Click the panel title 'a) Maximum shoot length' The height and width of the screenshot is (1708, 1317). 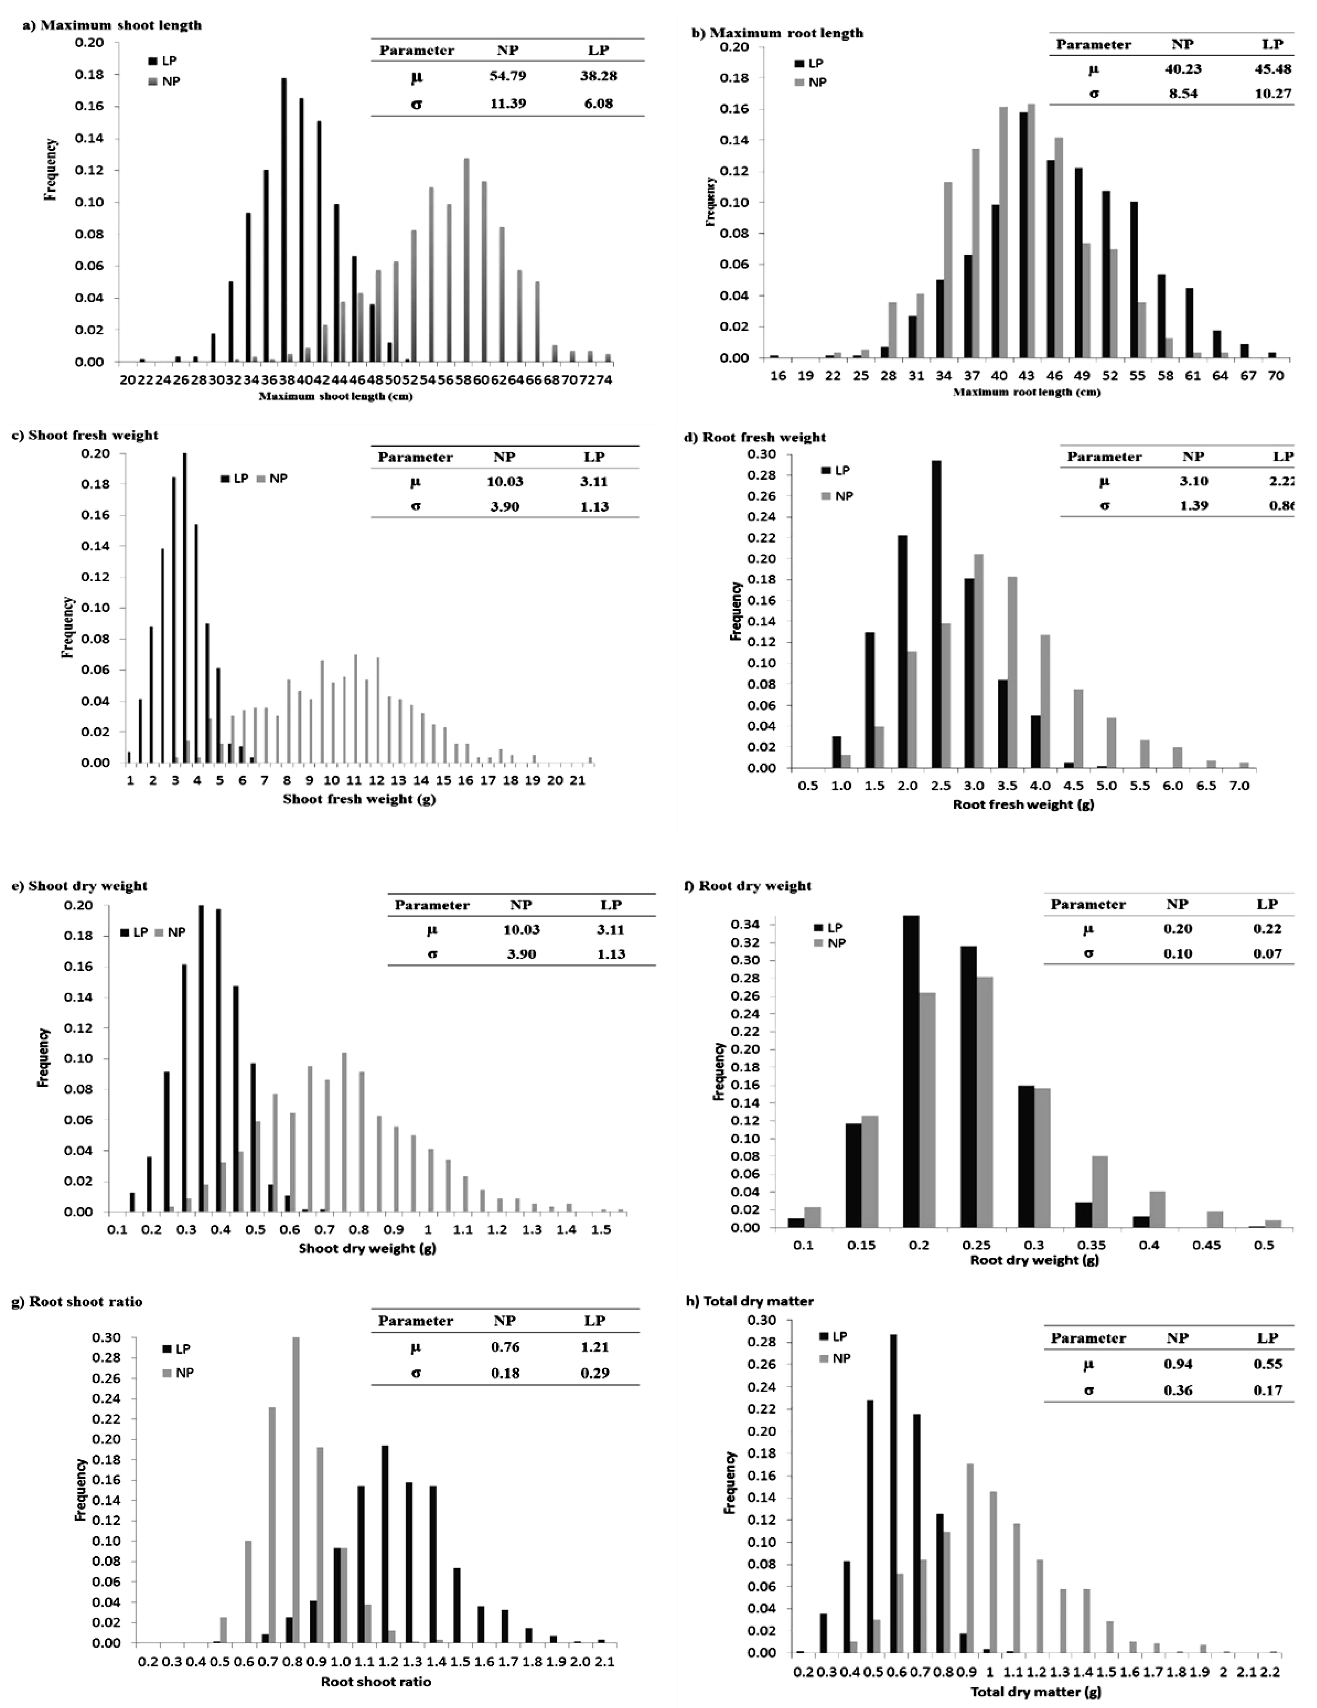coord(112,25)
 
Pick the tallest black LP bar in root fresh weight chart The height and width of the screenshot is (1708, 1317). coord(935,614)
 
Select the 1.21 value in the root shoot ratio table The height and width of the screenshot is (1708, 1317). coord(595,1347)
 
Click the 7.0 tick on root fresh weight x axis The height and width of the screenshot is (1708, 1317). coord(1240,785)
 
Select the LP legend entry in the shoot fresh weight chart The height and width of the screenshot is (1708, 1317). coord(235,479)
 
